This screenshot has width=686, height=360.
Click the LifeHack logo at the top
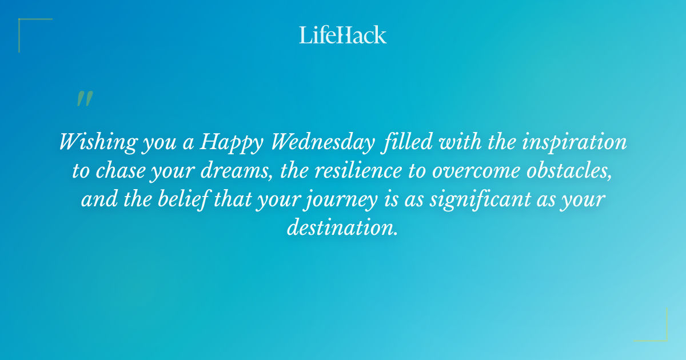coord(343,35)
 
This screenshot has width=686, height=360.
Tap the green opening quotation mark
coord(84,99)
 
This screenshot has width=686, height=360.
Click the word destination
coord(342,229)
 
